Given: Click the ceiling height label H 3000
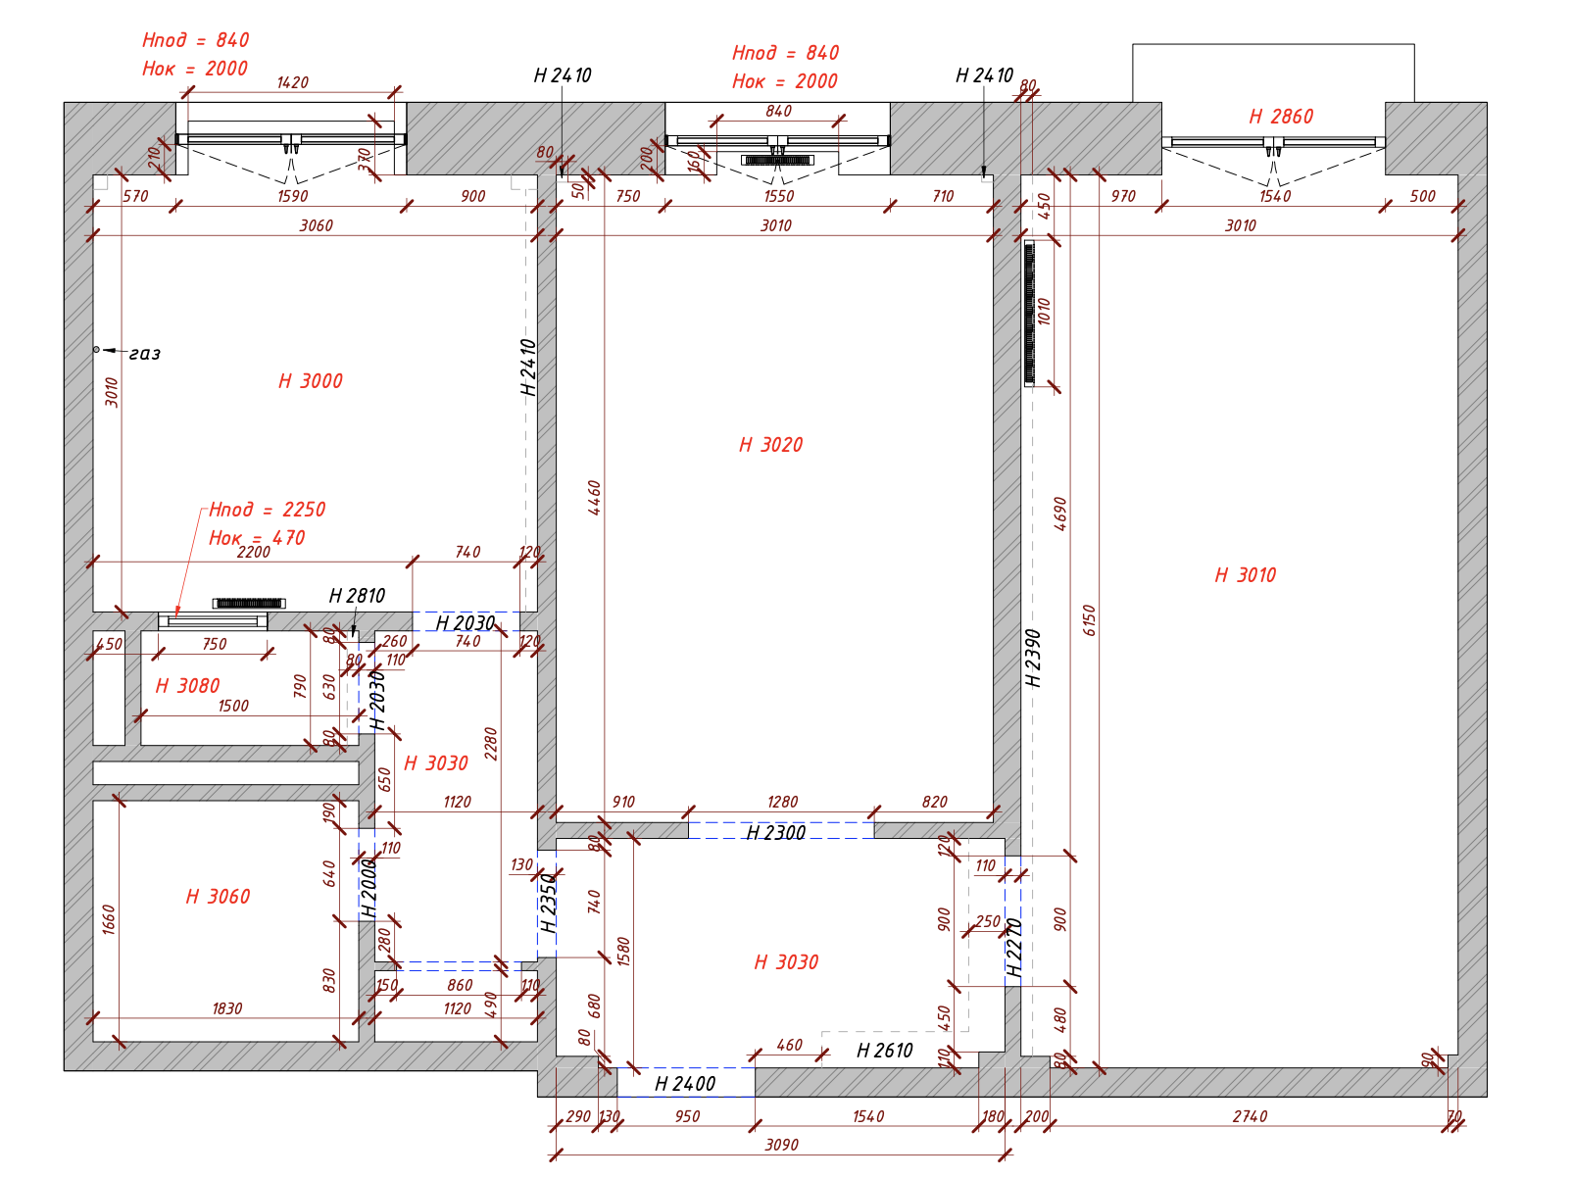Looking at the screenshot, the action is coord(311,381).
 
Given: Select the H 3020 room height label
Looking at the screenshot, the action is coord(770,445).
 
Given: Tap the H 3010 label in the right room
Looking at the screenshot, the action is coord(1245,575).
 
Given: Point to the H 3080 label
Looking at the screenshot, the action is coord(187,686).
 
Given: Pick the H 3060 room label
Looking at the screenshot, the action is coord(218,897).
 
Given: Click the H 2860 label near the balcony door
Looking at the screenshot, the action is coord(1280,117).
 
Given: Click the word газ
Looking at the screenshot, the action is coord(144,354).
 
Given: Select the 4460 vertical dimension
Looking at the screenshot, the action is coord(595,498).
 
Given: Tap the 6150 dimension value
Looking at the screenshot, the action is coord(1089,620).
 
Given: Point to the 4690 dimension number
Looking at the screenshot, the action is coord(1059,514).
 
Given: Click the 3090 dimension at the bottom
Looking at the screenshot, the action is coord(781,1145).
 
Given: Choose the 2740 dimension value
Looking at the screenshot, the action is coord(1250,1116).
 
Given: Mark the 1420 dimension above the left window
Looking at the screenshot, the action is coord(292,83).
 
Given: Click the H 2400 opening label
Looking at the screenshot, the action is coord(684,1084).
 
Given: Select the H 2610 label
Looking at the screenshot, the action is coord(884,1051).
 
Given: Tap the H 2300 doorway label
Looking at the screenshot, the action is coord(775,833).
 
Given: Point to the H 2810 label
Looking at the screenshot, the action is coord(357,596).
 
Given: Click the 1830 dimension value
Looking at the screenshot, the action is coord(226,1008).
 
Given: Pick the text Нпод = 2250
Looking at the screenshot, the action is coord(267,510).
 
